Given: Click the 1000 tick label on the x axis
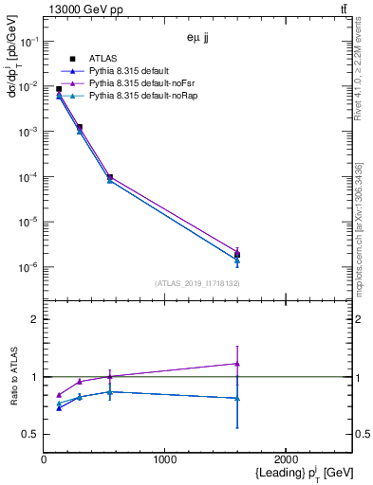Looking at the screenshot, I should click(x=165, y=459).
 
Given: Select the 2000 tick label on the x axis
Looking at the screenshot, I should click(x=286, y=459).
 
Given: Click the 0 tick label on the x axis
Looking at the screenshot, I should click(x=44, y=459).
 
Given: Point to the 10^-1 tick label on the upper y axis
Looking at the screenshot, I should click(x=30, y=42).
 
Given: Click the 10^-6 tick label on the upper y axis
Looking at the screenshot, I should click(x=30, y=267).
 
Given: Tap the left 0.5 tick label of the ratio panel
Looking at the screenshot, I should click(x=31, y=435).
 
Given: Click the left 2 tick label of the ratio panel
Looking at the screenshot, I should click(x=35, y=320).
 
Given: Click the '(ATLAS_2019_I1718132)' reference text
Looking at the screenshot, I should click(x=196, y=283).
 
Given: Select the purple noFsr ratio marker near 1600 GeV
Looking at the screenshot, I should click(x=236, y=364).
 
